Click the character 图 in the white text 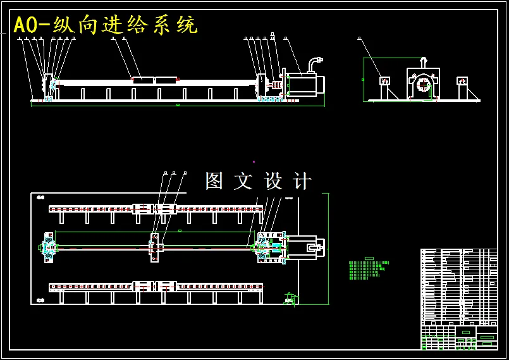click(x=214, y=181)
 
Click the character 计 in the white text click(x=303, y=181)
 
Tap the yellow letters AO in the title click(x=26, y=25)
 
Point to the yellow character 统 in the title click(x=187, y=25)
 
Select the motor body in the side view click(x=303, y=85)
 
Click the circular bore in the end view click(x=422, y=84)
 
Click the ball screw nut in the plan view click(x=154, y=247)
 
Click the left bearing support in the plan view click(x=48, y=247)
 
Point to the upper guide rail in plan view click(x=156, y=208)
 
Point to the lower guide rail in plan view click(x=156, y=287)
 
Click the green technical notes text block click(x=367, y=269)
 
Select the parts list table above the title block click(x=458, y=285)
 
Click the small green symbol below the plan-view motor click(x=290, y=298)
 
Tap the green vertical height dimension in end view click(x=364, y=79)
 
